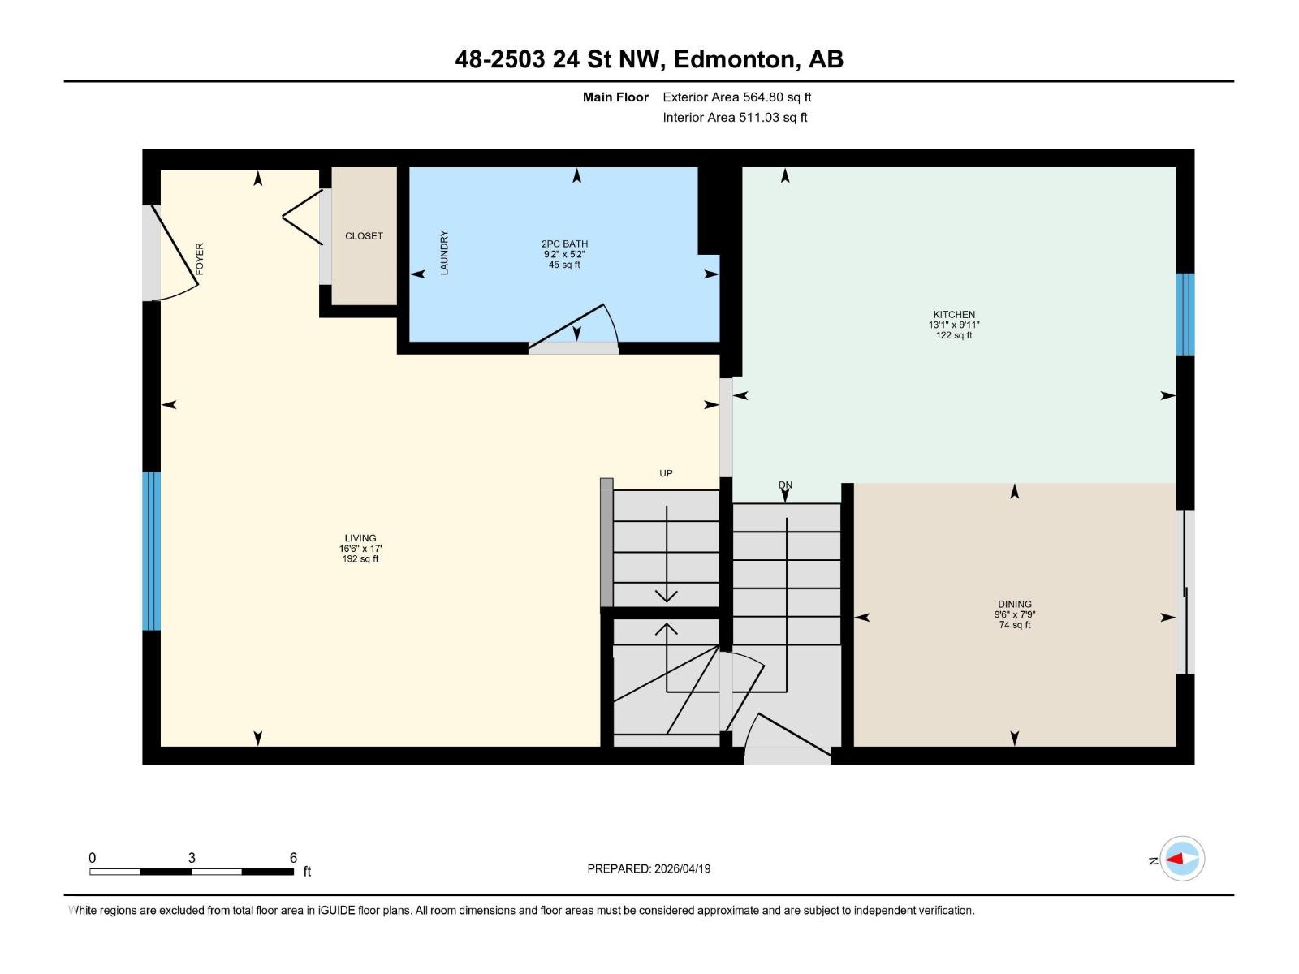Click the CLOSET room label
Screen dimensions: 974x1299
tap(364, 236)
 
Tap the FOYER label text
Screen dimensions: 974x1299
tap(200, 258)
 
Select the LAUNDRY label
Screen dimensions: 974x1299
tap(444, 252)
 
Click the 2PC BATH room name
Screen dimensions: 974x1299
tap(564, 243)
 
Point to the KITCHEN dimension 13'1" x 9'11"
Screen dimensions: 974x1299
tap(954, 325)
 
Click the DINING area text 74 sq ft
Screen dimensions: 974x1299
tap(1015, 625)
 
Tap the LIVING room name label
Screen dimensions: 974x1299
tap(360, 537)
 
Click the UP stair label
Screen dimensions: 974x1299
tap(666, 473)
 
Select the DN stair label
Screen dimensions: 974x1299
tap(785, 485)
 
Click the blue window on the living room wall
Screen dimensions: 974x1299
tap(152, 551)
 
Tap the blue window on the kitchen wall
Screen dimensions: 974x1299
tap(1185, 314)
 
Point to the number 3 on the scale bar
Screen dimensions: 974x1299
tap(192, 858)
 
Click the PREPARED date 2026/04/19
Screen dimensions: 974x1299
tap(681, 868)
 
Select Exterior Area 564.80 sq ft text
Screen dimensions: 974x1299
tap(736, 97)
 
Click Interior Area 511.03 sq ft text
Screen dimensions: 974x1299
tap(735, 117)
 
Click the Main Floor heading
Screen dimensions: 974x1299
tap(615, 97)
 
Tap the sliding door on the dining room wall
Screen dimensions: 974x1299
tap(1185, 593)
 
